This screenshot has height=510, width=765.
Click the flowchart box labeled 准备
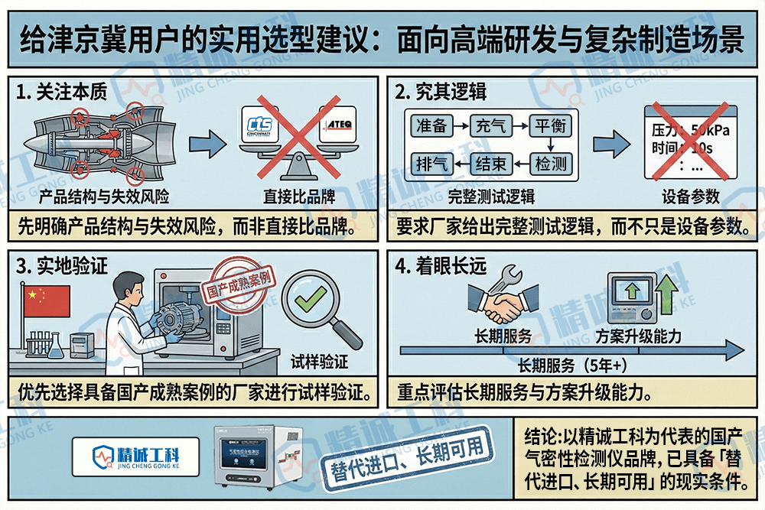pos(430,126)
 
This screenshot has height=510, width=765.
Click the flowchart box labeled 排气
pos(430,163)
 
